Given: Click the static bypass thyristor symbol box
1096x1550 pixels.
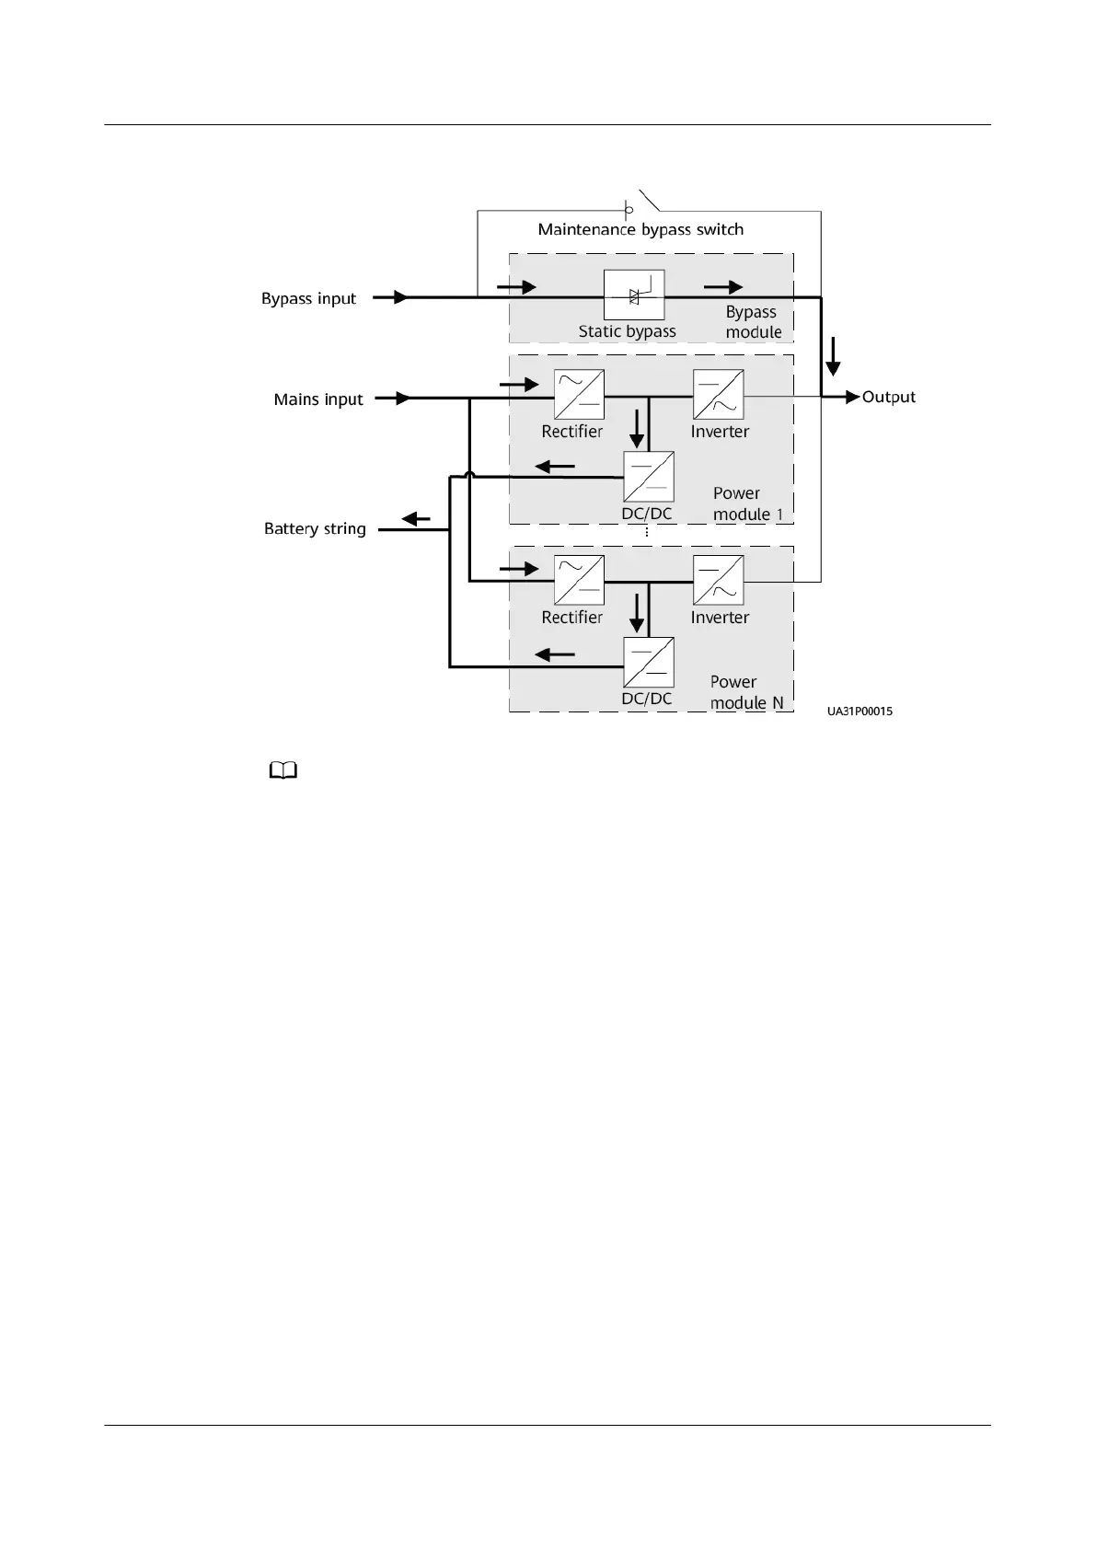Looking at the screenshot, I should pos(633,295).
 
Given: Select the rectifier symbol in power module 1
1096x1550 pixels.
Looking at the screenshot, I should pos(579,395).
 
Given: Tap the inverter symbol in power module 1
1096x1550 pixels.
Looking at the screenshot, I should pos(718,395).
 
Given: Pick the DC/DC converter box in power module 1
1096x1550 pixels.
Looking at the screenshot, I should pos(648,477).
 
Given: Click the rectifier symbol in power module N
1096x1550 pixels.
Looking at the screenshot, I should pos(579,581).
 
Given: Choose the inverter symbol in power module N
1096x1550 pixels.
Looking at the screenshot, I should pos(718,581).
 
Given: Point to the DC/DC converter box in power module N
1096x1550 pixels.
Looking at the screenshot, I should pos(648,663).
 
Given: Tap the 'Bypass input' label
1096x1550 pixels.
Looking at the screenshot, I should pos(308,298).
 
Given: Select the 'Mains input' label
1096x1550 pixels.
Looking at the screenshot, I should pos(318,399).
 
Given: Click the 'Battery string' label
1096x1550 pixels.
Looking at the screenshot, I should pos(315,529).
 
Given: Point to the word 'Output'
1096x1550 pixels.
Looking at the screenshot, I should pos(889,397).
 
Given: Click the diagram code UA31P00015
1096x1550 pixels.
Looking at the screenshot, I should pos(859,711).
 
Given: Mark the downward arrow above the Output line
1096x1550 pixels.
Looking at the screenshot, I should pos(833,356).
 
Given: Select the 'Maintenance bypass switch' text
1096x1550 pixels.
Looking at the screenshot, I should pos(640,229).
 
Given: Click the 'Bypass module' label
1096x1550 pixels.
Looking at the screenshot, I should pos(753,322).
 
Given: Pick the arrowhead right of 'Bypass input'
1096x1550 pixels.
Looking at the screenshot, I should pos(400,297).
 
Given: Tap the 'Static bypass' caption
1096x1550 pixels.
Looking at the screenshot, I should pos(627,331).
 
